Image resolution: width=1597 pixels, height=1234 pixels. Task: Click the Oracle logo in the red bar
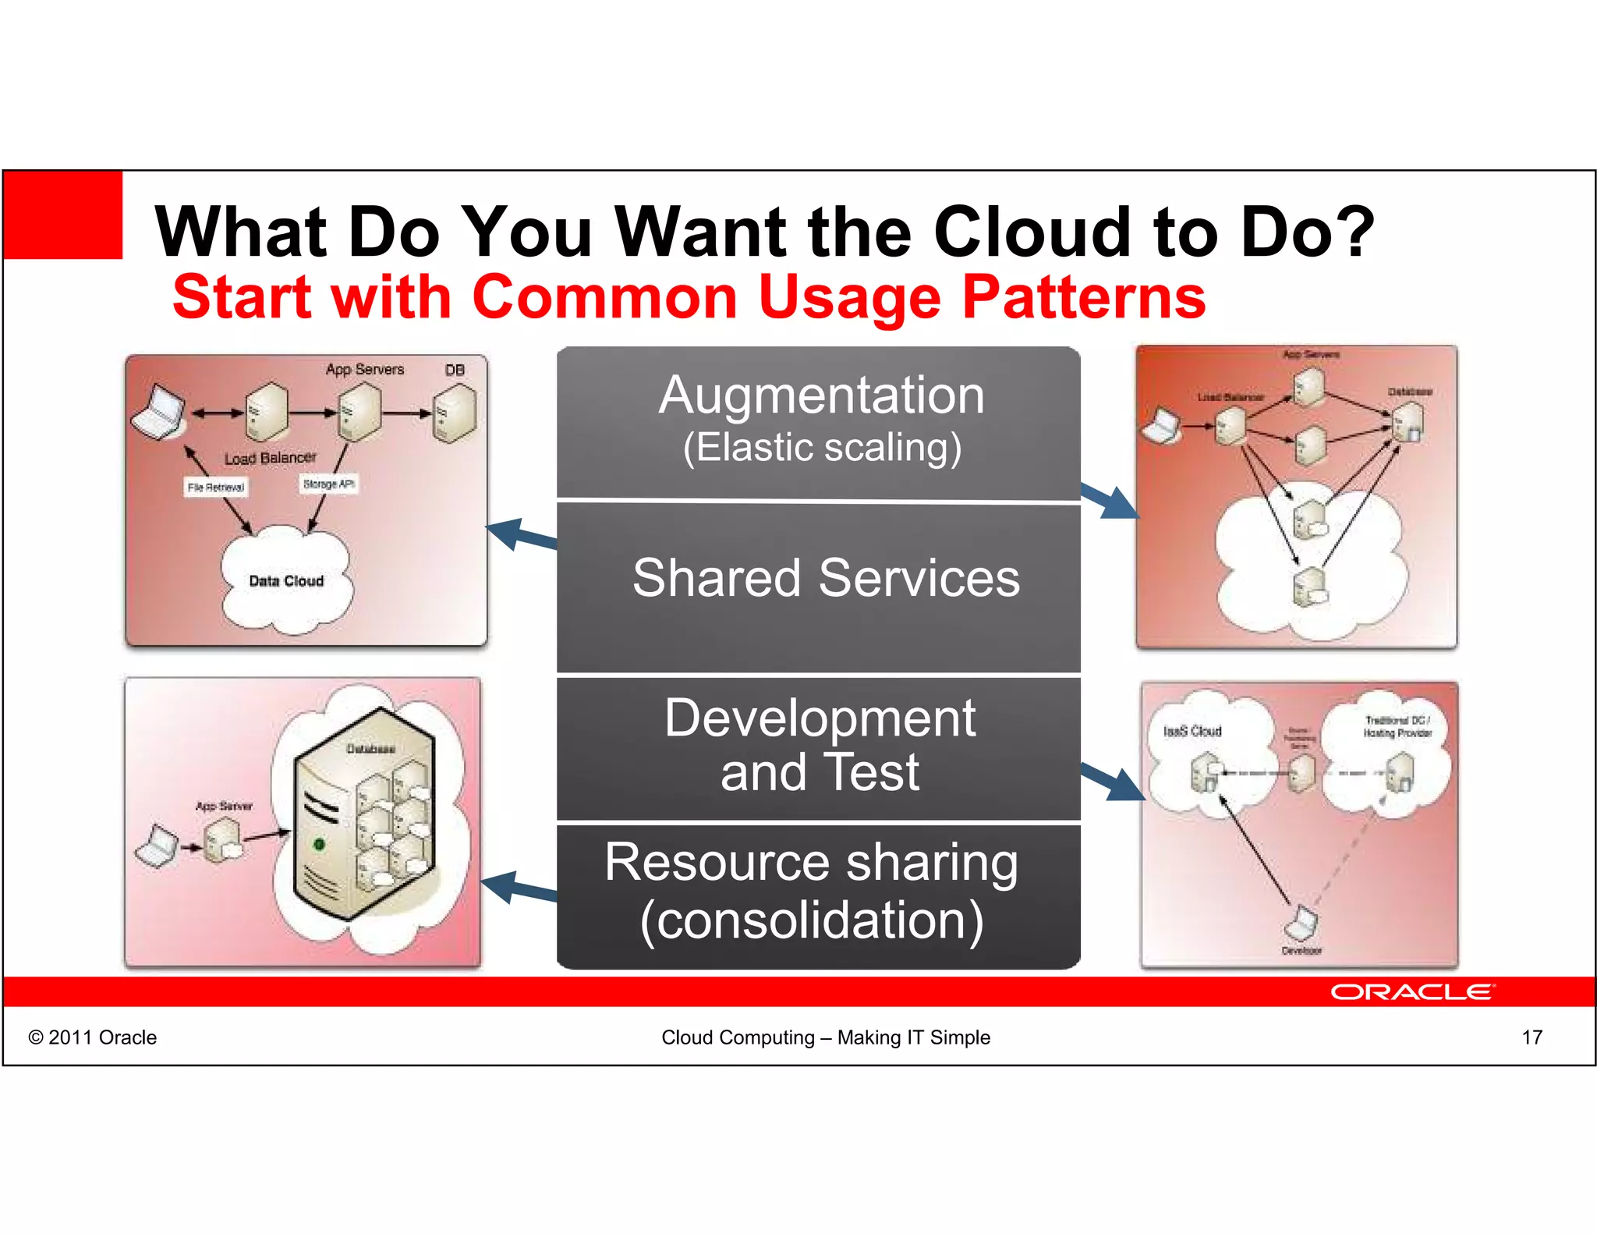click(1411, 991)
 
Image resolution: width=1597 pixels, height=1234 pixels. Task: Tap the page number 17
click(1531, 1037)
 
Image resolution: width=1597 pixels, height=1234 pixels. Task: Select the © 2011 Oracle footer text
click(92, 1037)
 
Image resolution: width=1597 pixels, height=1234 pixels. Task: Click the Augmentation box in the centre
click(819, 421)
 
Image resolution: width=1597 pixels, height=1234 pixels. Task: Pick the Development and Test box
click(819, 746)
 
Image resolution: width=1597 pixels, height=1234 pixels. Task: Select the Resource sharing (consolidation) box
click(819, 893)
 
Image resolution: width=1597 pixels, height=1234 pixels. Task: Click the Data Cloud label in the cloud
click(286, 581)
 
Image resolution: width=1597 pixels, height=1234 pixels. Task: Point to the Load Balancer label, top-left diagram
click(270, 458)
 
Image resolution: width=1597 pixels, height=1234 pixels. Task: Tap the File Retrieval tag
click(216, 488)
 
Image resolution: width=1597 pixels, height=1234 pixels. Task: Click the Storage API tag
click(328, 484)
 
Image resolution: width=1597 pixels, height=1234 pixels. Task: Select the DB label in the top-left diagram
click(455, 370)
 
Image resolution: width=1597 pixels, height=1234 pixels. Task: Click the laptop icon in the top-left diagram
click(158, 412)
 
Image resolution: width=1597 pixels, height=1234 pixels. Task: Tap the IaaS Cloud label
click(1192, 731)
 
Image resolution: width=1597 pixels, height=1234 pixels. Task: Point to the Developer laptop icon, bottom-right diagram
click(1300, 924)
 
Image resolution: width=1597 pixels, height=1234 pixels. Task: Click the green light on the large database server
click(318, 844)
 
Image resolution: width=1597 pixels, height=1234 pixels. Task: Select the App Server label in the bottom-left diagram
click(224, 806)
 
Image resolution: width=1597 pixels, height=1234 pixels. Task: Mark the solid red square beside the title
click(63, 215)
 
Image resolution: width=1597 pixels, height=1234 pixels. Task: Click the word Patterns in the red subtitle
click(1084, 297)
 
